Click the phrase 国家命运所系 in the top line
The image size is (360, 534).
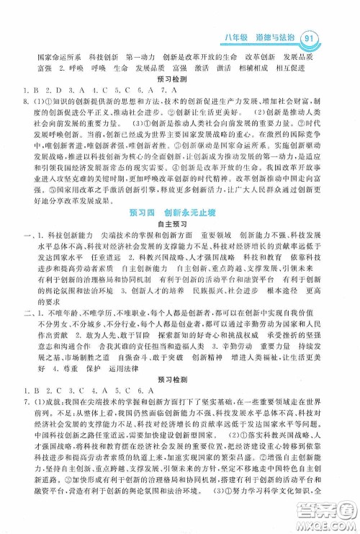(57, 55)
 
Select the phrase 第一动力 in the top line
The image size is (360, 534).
(142, 55)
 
